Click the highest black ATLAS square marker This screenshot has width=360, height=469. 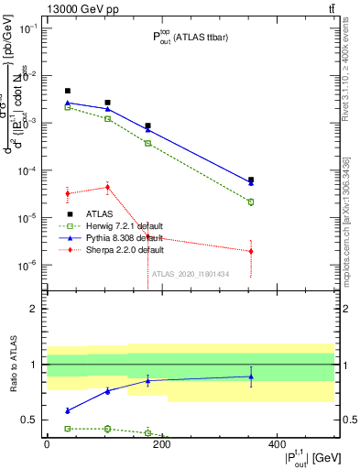pos(68,91)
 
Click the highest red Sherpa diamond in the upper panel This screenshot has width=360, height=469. pos(108,187)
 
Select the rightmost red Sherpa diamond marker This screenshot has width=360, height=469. pos(251,251)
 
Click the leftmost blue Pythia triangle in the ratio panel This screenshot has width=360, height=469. pos(68,410)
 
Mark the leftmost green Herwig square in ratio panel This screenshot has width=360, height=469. pos(68,428)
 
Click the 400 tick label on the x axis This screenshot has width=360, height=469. pos(277,444)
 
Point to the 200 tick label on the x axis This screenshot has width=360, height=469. pos(161,444)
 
